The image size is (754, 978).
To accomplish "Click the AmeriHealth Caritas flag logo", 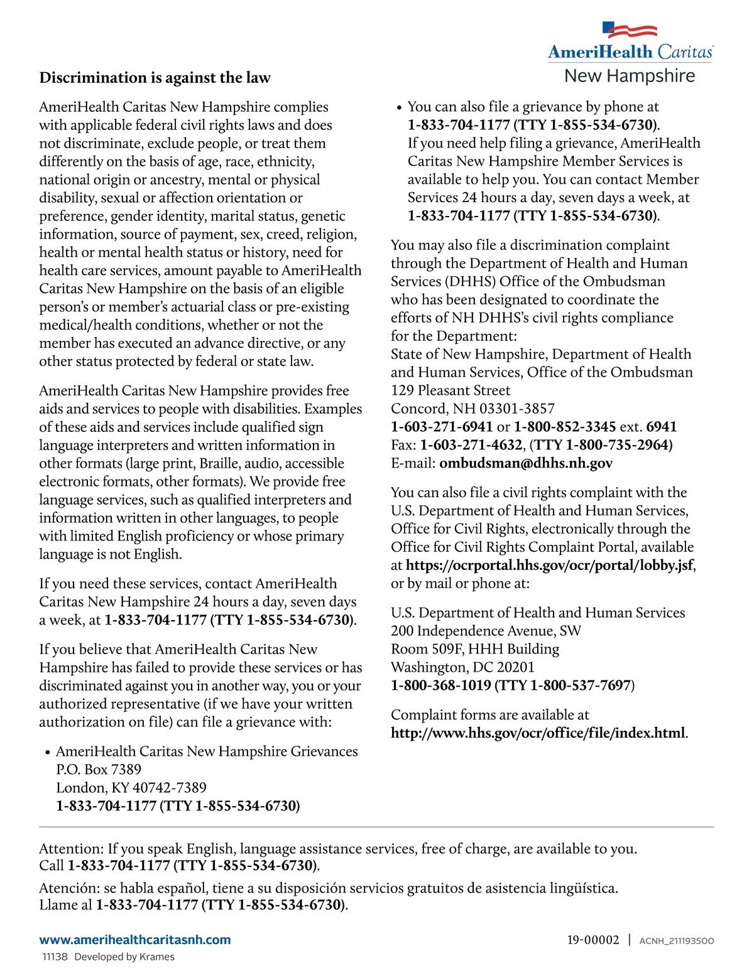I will click(x=630, y=30).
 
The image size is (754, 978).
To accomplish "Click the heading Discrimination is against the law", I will click(x=155, y=78).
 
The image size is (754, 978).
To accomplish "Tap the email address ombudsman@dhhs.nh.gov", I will click(x=526, y=463).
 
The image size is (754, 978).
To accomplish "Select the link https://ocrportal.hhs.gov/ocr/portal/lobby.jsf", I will click(x=550, y=565).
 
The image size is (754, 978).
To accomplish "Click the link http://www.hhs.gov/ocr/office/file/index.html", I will click(x=538, y=733).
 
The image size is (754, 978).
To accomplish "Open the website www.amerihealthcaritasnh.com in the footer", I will click(x=134, y=940).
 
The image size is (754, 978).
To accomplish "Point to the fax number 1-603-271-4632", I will click(x=471, y=445).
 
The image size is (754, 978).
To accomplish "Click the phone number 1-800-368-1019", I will click(x=440, y=685).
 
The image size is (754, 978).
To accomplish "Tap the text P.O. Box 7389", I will click(x=99, y=770).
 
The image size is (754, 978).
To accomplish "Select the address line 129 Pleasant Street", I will click(x=451, y=390).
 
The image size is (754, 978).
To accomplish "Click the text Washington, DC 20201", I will click(x=462, y=667).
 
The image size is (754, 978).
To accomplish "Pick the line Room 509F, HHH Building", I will click(x=475, y=648).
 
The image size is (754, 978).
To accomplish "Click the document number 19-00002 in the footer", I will click(x=593, y=940).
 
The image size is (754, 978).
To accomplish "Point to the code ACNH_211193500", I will click(x=677, y=941).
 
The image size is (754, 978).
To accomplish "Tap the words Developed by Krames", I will click(x=124, y=957).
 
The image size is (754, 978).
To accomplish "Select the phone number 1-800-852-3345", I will click(x=565, y=427).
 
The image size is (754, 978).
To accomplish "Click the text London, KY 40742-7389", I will click(x=131, y=788).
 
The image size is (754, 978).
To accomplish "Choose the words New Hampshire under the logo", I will click(x=630, y=76).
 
